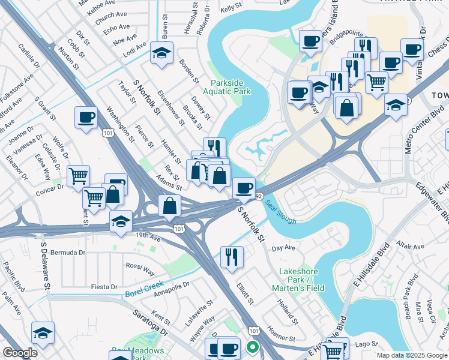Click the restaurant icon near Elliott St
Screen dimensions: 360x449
[232, 257]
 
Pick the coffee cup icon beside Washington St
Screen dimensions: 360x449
[86, 117]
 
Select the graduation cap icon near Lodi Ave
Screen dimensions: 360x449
[161, 53]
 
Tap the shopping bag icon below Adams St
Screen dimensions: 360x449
[170, 206]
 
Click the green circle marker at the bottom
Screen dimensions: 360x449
[253, 347]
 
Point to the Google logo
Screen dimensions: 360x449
[20, 353]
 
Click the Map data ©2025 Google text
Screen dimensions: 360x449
[412, 355]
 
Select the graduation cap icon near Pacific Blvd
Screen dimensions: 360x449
[43, 332]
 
